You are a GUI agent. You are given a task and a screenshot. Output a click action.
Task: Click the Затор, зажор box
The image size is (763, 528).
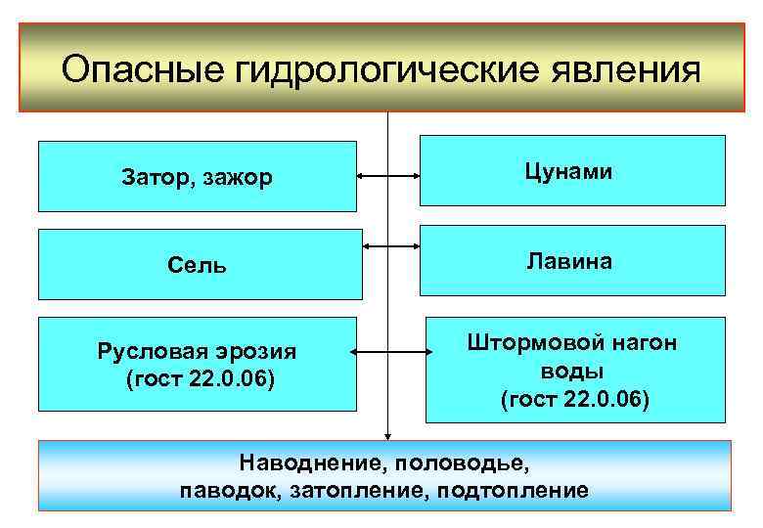(198, 177)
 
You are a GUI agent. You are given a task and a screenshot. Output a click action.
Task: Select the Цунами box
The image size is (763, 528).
(572, 171)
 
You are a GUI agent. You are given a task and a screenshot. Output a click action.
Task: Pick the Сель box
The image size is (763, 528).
(198, 264)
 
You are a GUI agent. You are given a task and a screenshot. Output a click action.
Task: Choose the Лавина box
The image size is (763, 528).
(572, 261)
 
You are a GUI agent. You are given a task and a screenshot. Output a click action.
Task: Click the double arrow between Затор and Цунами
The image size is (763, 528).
(388, 177)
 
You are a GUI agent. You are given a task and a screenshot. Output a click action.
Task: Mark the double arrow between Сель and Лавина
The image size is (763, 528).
(388, 245)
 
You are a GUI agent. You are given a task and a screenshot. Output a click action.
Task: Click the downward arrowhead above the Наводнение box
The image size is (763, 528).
(388, 435)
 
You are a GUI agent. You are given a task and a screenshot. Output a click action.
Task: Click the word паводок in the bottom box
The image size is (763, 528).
(230, 489)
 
